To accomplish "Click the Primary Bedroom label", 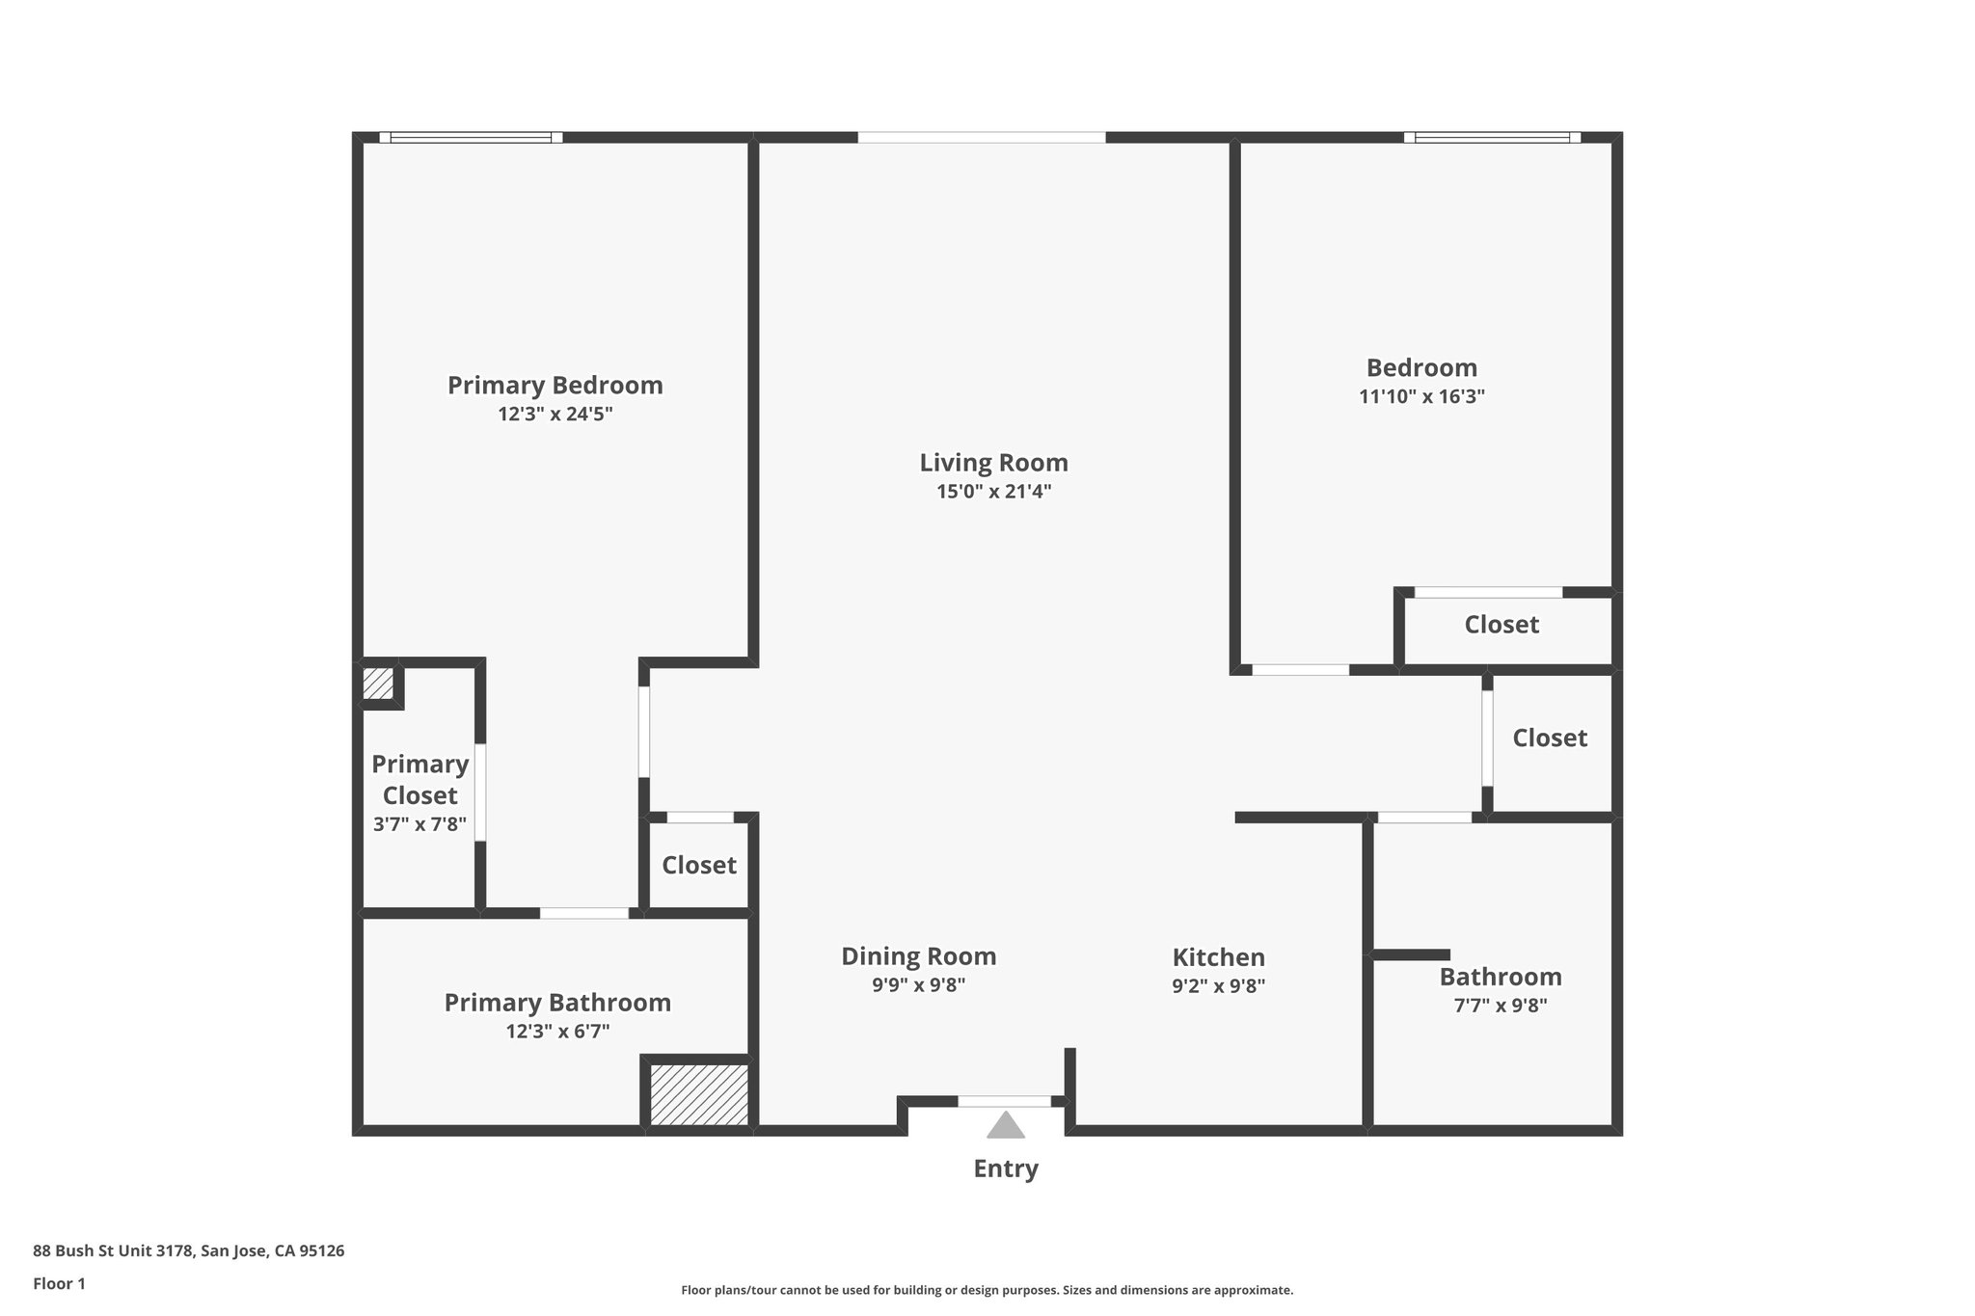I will (555, 386).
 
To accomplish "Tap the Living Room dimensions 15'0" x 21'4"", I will (993, 492).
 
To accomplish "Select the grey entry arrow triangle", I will (1005, 1125).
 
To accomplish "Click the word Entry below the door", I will (1005, 1168).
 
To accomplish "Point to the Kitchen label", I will (1218, 957).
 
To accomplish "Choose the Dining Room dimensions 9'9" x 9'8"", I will (918, 985).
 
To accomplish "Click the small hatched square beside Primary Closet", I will (377, 684).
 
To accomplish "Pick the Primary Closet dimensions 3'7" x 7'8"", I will (419, 824).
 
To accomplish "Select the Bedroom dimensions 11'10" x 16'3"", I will (1421, 396).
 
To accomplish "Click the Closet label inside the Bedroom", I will (1502, 625).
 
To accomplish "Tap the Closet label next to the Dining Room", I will (698, 865).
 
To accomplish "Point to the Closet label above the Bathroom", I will (1549, 738).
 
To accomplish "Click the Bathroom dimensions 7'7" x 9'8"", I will (1501, 1006).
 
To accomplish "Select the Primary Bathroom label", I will (557, 1003).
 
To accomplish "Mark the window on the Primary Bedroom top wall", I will (471, 138).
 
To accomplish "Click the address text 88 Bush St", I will (188, 1251).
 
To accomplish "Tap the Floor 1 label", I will (59, 1283).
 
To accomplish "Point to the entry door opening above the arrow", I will (1004, 1101).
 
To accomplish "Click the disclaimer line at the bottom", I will (987, 1290).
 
